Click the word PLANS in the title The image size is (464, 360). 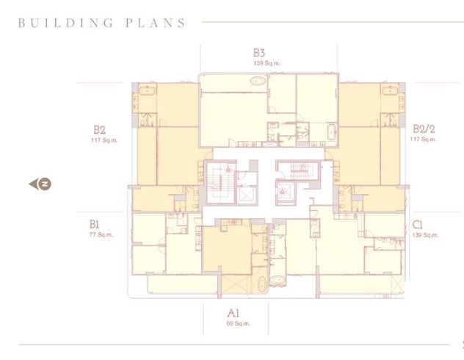click(x=159, y=22)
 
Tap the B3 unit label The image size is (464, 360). click(x=258, y=53)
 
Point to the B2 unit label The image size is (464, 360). click(x=99, y=128)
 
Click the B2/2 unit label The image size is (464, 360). click(x=423, y=128)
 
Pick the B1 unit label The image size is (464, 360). click(x=94, y=223)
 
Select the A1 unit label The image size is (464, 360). click(x=233, y=313)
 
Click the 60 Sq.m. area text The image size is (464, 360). click(x=239, y=323)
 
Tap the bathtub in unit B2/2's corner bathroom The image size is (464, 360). click(x=389, y=92)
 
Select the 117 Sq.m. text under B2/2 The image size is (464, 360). click(x=423, y=139)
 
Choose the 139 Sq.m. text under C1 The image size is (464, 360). click(x=426, y=235)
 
